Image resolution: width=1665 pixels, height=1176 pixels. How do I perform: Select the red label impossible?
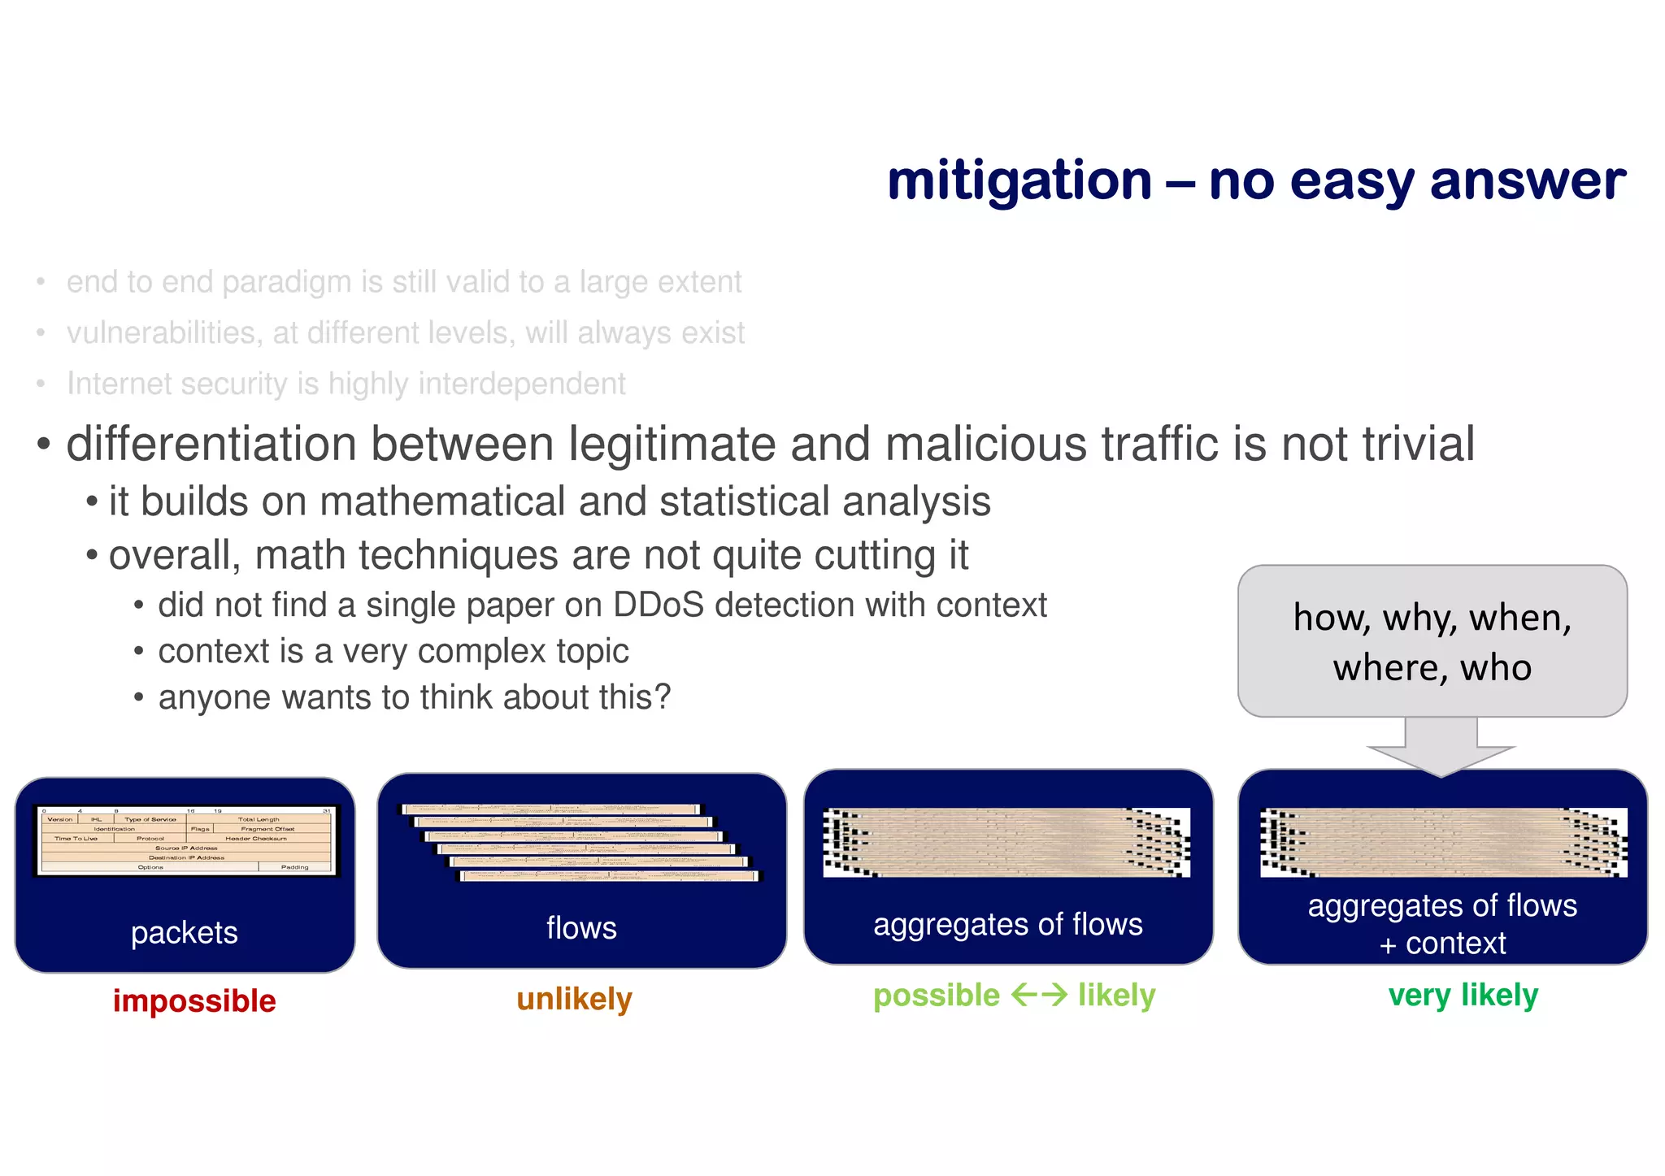pos(194,1000)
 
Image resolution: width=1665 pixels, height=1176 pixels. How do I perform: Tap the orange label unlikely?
pos(574,999)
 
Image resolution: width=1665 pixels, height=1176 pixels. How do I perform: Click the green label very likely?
pos(1463,995)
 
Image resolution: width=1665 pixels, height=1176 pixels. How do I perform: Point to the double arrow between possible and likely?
pos(1039,995)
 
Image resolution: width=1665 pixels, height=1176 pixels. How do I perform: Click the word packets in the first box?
pos(185,932)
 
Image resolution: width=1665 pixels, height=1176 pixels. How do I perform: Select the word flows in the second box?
pos(581,927)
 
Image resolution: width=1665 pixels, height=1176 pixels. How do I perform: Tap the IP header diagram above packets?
pos(186,841)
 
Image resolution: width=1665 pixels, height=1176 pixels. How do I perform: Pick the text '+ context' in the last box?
pos(1442,944)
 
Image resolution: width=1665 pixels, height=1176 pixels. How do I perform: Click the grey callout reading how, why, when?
pos(1432,641)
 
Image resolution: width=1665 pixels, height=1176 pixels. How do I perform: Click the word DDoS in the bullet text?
pos(658,605)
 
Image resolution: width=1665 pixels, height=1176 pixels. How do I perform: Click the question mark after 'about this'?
pos(663,697)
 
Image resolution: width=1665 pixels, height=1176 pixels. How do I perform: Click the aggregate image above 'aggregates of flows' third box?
pos(1006,842)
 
